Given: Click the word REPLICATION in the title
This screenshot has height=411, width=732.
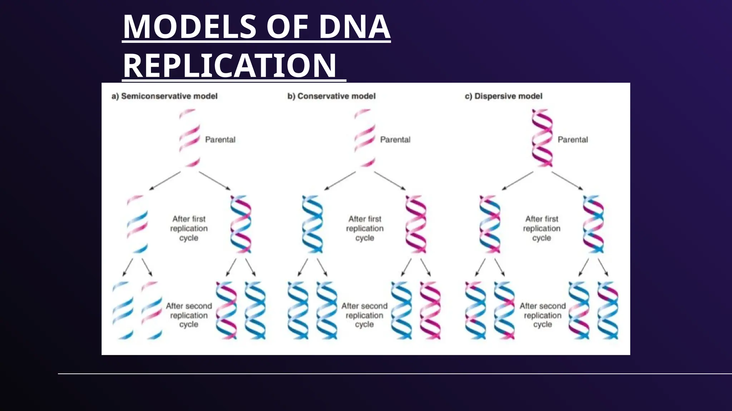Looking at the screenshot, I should [229, 66].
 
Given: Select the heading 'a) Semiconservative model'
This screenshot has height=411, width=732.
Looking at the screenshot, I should [164, 96].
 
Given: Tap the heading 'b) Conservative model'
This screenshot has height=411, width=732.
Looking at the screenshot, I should [331, 96].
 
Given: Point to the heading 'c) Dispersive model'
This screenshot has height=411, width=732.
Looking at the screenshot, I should [503, 96].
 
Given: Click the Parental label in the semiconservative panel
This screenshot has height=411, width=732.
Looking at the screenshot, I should [220, 139].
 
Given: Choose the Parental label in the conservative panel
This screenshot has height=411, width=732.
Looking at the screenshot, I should [395, 139].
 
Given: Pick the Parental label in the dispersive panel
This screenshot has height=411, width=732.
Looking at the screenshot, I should [573, 139].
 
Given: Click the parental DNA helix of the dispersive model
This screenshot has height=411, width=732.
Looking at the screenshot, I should [542, 138].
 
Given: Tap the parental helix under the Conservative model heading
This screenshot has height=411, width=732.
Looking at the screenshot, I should [365, 138].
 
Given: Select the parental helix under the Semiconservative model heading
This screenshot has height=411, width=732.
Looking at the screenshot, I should [190, 138].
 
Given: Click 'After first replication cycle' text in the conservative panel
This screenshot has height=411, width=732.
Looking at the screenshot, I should [365, 228].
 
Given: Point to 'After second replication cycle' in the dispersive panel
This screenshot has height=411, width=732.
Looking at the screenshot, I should [543, 315].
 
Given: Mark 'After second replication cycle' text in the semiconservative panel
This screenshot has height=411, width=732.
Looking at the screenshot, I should [189, 315].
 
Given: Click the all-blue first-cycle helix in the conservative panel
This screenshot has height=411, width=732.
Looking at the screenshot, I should [312, 224].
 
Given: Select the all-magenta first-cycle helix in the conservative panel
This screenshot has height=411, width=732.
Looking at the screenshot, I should [416, 224].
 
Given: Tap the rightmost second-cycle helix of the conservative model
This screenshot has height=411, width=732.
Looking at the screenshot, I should [430, 310].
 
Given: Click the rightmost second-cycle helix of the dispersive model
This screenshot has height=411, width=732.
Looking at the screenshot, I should [608, 310].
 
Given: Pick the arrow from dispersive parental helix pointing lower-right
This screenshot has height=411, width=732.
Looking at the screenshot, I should [567, 181].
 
